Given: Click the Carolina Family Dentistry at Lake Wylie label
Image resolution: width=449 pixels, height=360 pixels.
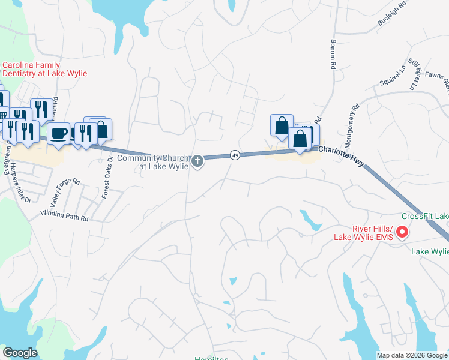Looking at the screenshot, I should coord(45,69).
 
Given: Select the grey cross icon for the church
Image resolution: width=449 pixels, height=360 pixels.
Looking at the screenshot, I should coord(197,161).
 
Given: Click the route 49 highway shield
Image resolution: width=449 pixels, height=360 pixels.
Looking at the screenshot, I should coord(235,155).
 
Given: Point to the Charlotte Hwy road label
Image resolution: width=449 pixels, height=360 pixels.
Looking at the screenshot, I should coord(340,155).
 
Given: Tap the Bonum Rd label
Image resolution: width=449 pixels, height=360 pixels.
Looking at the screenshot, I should coord(332,55).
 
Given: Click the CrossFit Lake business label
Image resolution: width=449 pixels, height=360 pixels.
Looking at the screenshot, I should coord(424,216).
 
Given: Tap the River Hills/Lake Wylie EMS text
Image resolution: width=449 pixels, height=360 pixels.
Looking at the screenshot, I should coord(363,232).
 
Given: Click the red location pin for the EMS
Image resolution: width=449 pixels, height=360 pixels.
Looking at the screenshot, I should coord(403,232).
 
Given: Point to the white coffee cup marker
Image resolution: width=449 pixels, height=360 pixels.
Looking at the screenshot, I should coord(58,133).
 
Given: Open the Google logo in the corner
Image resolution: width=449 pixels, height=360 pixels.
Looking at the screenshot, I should coord(20,353).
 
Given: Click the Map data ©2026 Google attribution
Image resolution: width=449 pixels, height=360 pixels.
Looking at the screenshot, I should coord(412,355).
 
